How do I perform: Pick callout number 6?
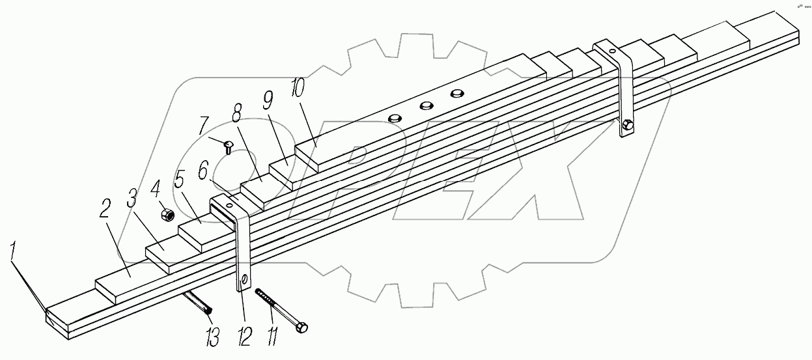pyautogui.click(x=203, y=171)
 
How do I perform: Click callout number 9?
pyautogui.click(x=268, y=102)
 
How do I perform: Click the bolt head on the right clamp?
pyautogui.click(x=628, y=126)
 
